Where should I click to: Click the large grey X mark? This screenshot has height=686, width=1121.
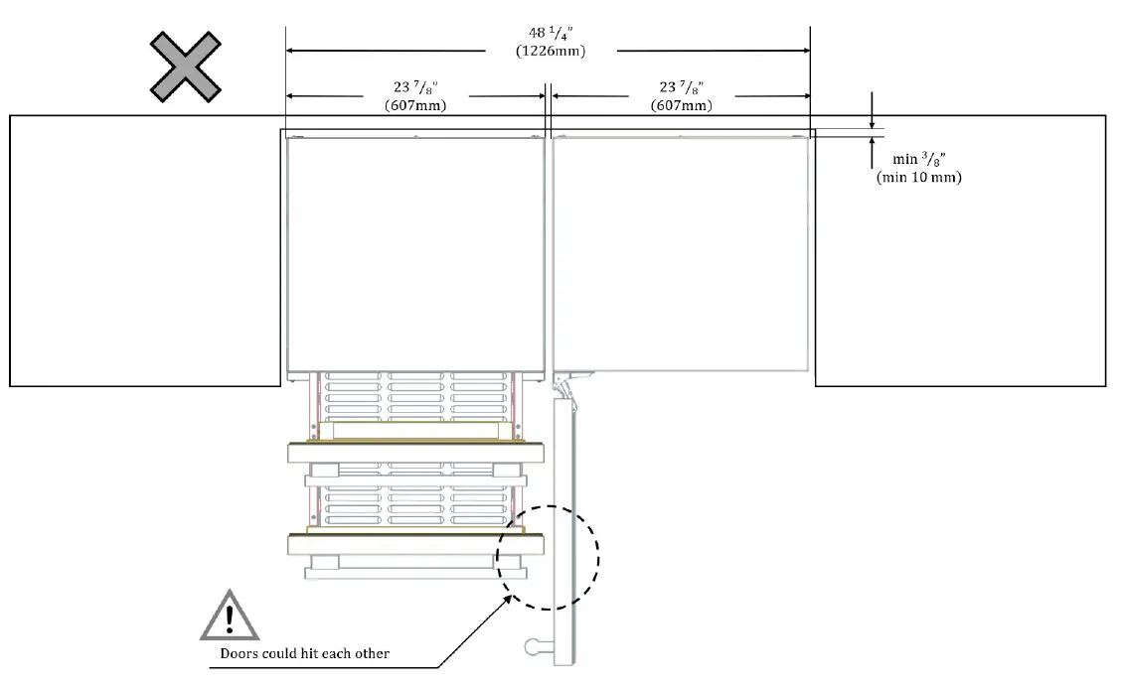185,67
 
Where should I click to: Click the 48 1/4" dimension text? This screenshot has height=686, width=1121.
550,34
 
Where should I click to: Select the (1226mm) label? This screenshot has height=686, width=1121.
550,52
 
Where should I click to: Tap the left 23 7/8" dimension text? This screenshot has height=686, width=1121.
415,88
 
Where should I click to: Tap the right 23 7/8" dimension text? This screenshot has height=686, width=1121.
681,88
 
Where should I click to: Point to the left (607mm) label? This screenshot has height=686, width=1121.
415,105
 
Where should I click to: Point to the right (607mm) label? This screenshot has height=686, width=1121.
681,105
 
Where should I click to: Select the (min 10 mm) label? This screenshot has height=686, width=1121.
918,178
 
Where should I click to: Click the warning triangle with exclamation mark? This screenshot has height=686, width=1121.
230,615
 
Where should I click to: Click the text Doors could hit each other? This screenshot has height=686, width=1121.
304,653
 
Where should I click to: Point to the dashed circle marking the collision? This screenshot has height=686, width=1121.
549,556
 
